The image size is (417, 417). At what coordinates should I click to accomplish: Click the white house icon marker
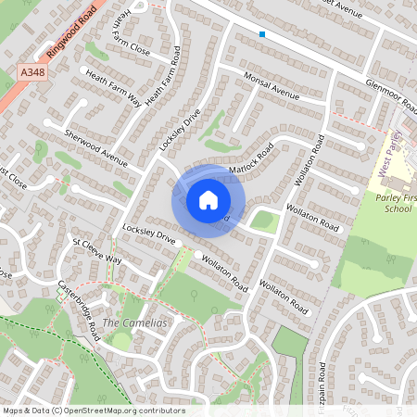coord(208,199)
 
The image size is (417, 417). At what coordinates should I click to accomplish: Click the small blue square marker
coord(262,34)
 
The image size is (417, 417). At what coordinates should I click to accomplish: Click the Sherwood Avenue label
coord(95,147)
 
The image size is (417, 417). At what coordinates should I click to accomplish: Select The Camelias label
coord(134,322)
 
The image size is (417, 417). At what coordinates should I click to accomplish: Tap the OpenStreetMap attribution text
coord(93,411)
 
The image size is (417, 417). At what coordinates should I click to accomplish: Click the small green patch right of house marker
coord(264,221)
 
